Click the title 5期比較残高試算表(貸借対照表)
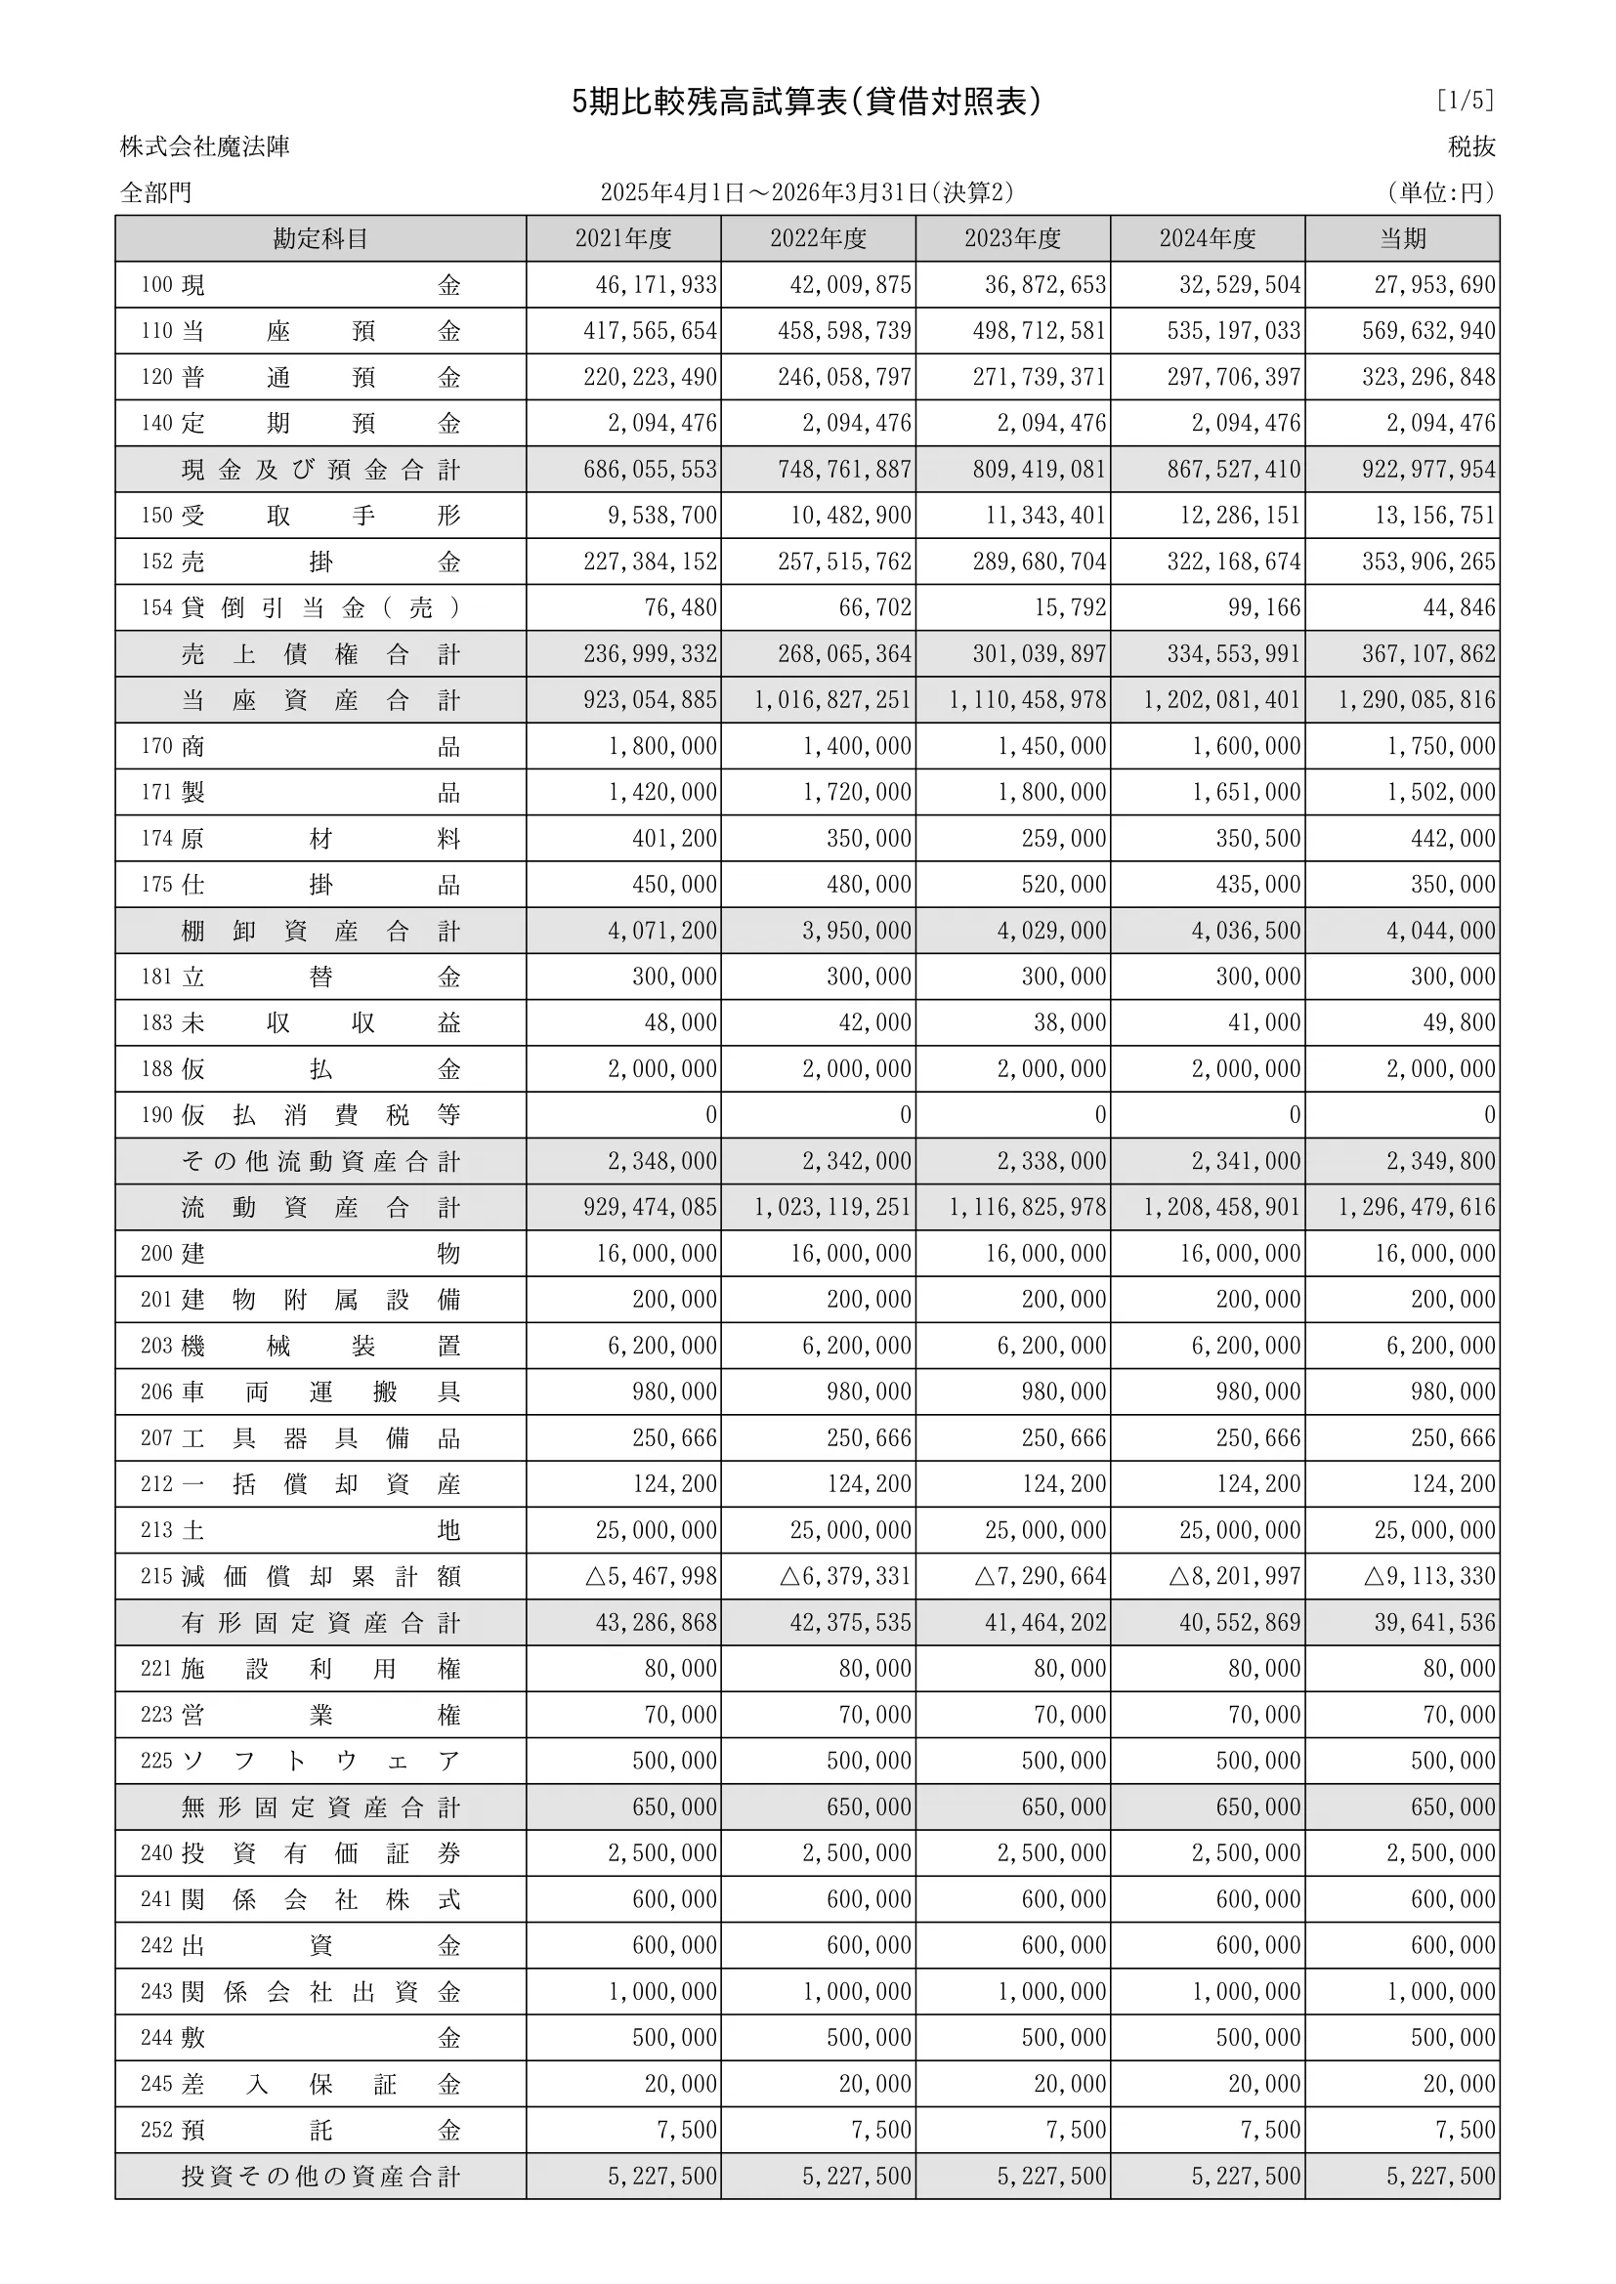coord(807,102)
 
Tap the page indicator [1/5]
coord(1465,101)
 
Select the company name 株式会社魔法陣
coord(205,147)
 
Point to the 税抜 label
coord(1471,147)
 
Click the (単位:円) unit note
coord(1441,193)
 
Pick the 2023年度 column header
coord(1012,238)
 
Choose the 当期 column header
coord(1402,238)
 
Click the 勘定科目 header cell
coord(320,238)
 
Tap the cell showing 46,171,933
coord(656,285)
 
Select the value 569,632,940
coord(1428,331)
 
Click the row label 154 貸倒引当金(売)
coord(301,607)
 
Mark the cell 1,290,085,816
coord(1416,700)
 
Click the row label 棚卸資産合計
coord(320,932)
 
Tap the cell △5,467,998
coord(651,1577)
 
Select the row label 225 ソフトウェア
coord(301,1761)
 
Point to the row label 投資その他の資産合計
coord(320,2177)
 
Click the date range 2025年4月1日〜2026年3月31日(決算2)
coord(807,193)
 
